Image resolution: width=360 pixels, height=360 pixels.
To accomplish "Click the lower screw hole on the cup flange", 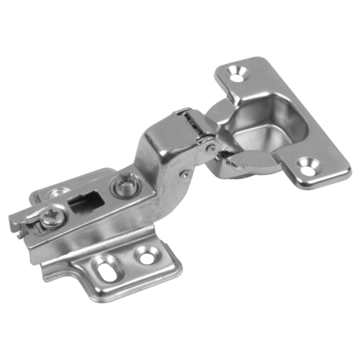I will pyautogui.click(x=308, y=171).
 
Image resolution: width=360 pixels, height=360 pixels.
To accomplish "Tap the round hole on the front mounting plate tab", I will pyautogui.click(x=148, y=256).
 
